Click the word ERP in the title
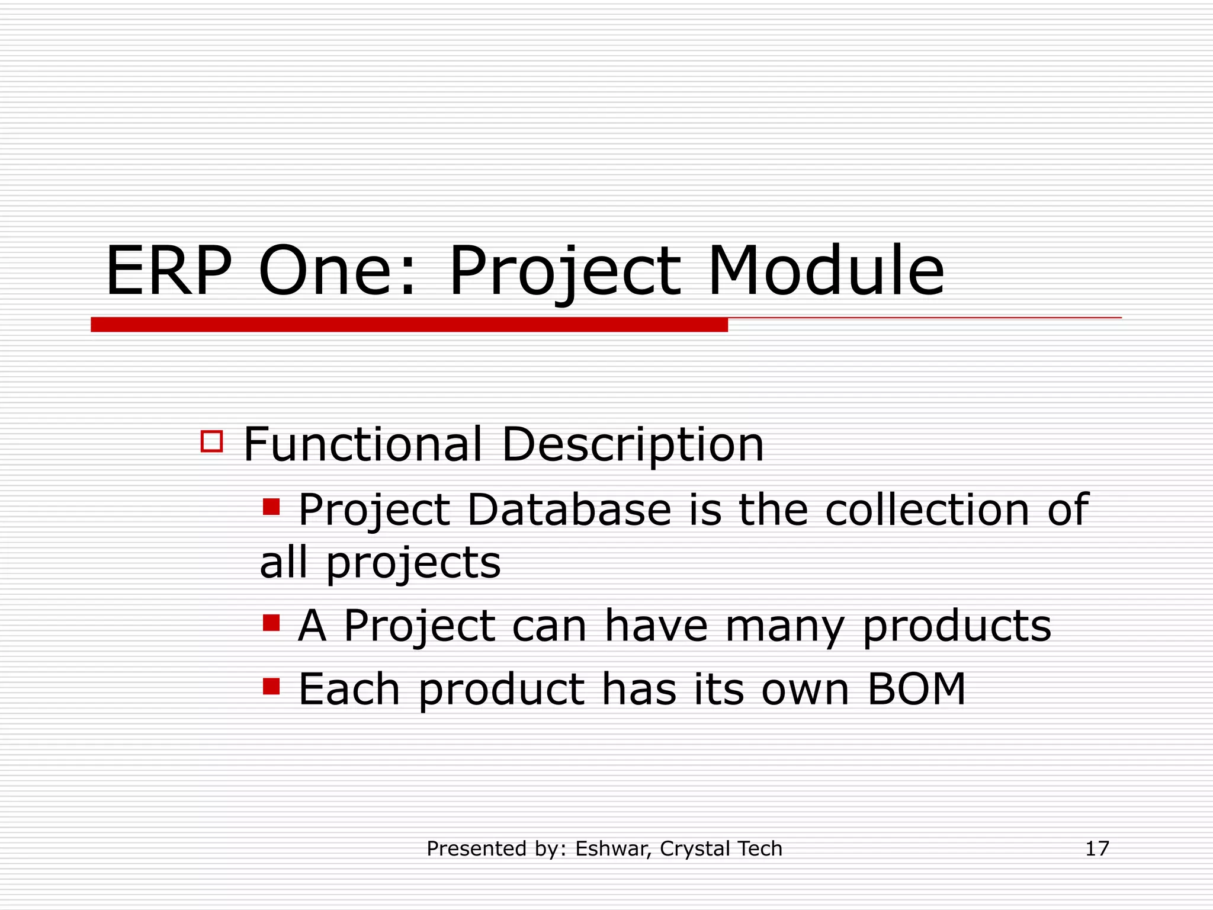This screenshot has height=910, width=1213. pos(168,271)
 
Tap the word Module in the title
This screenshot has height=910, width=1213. pos(826,271)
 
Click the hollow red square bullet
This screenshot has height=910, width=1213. pos(211,441)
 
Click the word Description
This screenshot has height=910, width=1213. pos(633,446)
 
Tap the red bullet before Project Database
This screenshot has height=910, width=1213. pos(271,507)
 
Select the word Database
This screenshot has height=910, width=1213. pos(569,510)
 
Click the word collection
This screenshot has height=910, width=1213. pos(927,510)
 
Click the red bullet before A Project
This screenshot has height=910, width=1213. pos(271,623)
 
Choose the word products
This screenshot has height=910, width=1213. pos(957,627)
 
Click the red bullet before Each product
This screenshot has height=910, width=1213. pos(271,686)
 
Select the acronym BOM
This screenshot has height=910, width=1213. pos(916,689)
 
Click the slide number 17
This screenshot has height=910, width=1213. pos(1096,848)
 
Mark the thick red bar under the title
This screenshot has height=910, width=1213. pos(409,325)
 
